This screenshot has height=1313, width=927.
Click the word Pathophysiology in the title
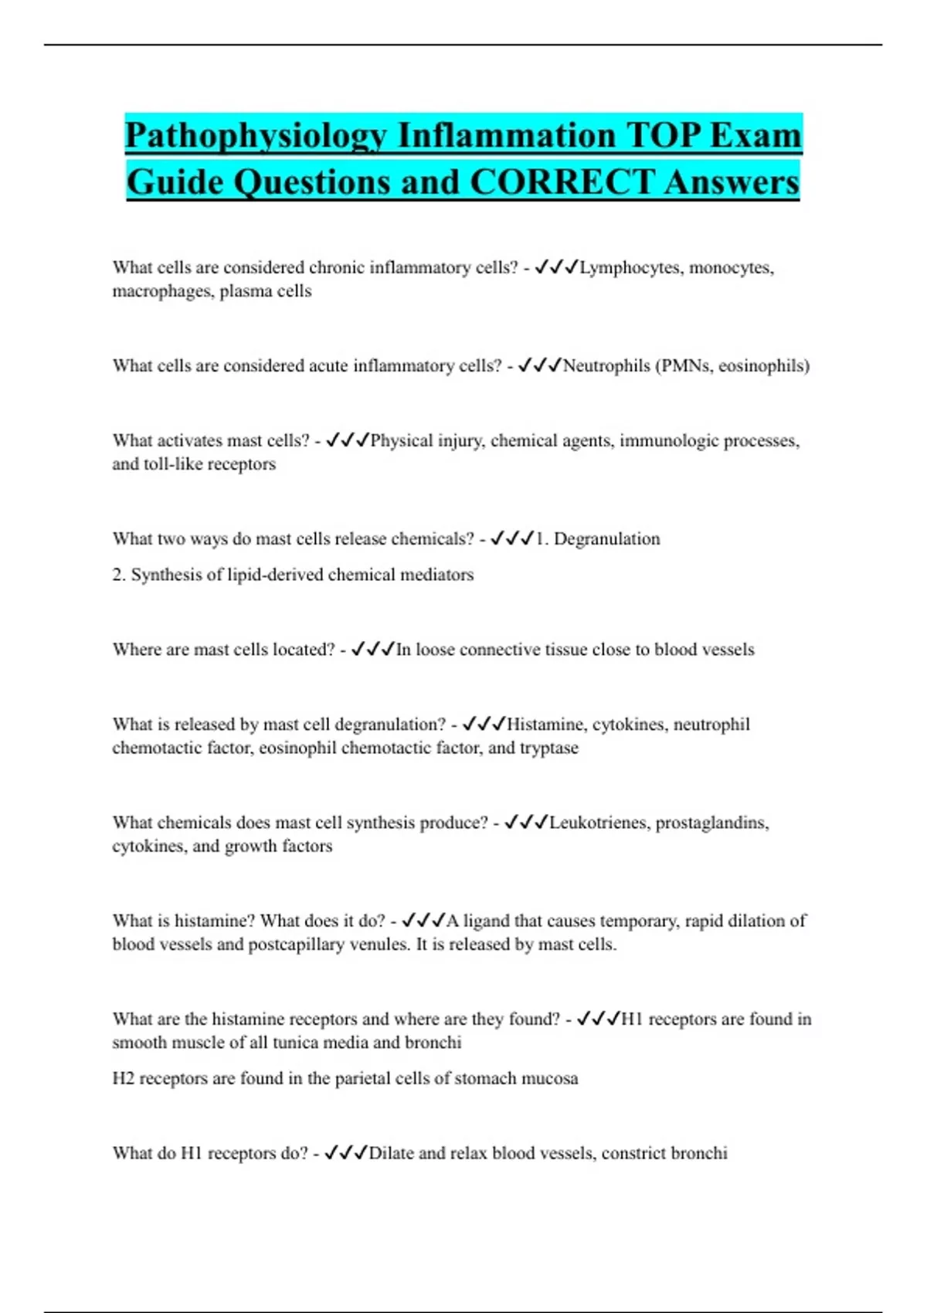(x=256, y=136)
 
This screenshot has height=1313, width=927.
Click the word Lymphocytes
(x=630, y=267)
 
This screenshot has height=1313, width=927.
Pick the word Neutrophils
(x=606, y=365)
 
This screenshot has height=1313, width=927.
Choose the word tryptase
(x=548, y=748)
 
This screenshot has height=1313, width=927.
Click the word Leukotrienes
(x=599, y=823)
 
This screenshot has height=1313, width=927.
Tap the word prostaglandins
(x=711, y=823)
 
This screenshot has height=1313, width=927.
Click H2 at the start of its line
(x=123, y=1078)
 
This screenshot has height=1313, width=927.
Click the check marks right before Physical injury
(x=347, y=440)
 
